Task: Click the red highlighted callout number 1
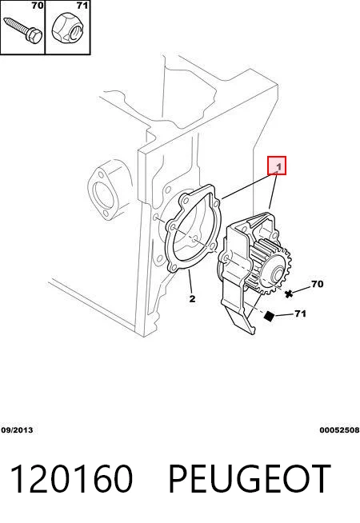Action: (x=277, y=165)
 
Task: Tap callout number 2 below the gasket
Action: (x=192, y=298)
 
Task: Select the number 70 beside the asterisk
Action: (x=318, y=284)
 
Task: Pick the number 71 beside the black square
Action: (x=300, y=313)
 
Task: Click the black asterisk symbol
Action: (x=289, y=293)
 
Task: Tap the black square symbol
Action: (x=269, y=316)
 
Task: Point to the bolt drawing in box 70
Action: (x=22, y=30)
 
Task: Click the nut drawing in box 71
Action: (x=68, y=30)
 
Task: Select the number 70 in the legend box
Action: (x=38, y=6)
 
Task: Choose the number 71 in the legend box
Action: (x=82, y=6)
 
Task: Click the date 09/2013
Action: (x=17, y=430)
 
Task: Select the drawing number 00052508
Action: (x=339, y=430)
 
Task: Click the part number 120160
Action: (x=72, y=479)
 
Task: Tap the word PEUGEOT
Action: (x=250, y=479)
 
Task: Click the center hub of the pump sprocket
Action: (x=278, y=275)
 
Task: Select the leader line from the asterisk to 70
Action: (x=301, y=289)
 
